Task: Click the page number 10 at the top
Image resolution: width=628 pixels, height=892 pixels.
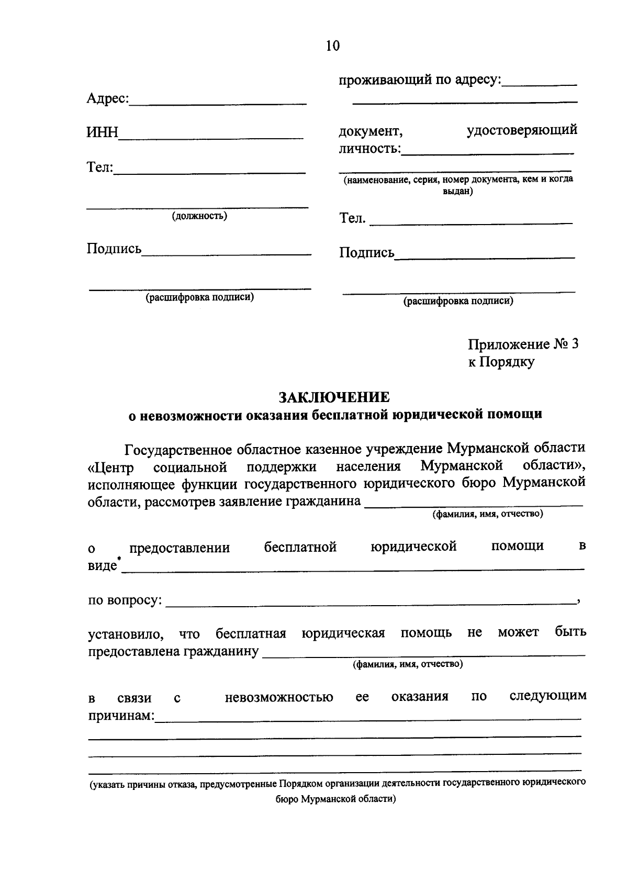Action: pyautogui.click(x=332, y=46)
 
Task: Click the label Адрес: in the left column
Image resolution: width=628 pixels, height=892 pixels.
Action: pyautogui.click(x=107, y=98)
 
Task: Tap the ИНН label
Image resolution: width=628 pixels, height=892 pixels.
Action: pyautogui.click(x=102, y=132)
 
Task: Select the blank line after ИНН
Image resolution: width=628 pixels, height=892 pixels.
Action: pyautogui.click(x=211, y=138)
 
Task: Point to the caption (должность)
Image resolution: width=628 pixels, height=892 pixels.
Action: pyautogui.click(x=199, y=216)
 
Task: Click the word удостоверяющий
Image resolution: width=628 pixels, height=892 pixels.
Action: pyautogui.click(x=522, y=129)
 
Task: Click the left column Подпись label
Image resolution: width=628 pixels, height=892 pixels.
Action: pyautogui.click(x=114, y=249)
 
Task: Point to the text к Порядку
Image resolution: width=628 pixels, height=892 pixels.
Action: pyautogui.click(x=501, y=362)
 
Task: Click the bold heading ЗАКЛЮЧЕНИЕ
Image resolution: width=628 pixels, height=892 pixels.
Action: pyautogui.click(x=334, y=396)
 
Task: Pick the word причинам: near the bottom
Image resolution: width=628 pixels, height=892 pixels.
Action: pyautogui.click(x=120, y=715)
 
